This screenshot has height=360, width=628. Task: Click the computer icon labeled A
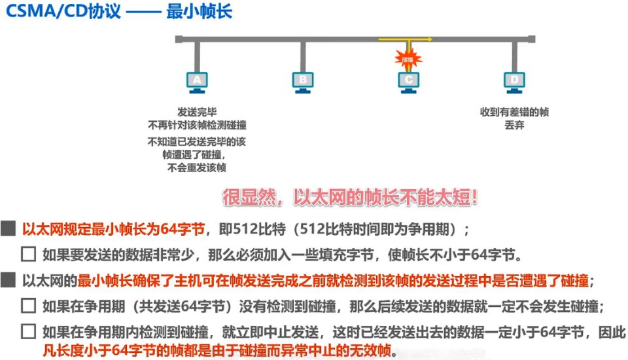pos(197,81)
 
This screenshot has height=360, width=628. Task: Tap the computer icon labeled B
pos(303,81)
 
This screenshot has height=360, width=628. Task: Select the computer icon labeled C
pos(409,81)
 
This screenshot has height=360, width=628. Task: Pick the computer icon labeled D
pos(515,81)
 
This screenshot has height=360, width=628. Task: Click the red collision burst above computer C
pos(408,60)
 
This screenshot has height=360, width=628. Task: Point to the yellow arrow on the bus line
pos(406,40)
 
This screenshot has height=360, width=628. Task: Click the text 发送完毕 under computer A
pos(197,112)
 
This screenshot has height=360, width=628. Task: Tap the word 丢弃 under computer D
pos(514,125)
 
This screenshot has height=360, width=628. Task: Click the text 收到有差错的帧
pos(514,112)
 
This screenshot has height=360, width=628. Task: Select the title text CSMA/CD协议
pos(63,12)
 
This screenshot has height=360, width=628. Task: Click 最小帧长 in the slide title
pos(199,12)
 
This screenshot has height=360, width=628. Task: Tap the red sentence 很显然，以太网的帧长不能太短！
pos(351,197)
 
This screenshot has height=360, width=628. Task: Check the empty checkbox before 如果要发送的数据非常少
pos(28,255)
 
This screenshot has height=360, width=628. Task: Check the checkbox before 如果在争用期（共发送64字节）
pos(28,306)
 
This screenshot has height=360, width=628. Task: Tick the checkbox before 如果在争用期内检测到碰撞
pos(28,331)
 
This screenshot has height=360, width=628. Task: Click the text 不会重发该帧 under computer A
pos(197,168)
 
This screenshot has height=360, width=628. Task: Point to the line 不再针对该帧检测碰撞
pos(197,125)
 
